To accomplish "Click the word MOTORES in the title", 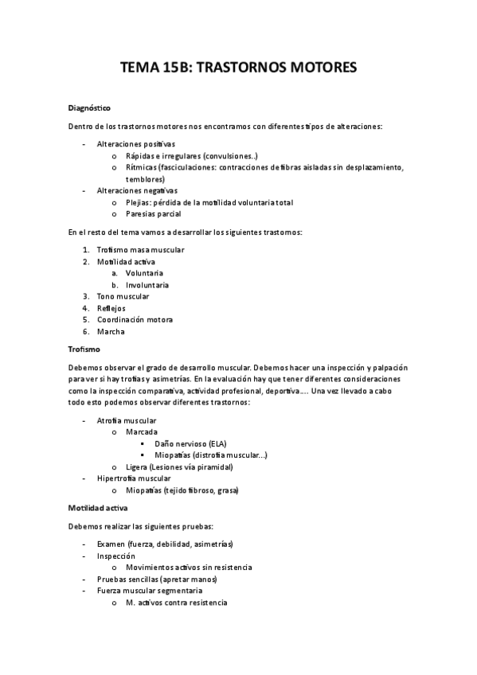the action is (318, 69).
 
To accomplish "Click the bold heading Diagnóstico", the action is (88, 107).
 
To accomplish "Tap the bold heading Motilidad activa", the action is (100, 506).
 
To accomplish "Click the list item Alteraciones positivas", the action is (135, 144).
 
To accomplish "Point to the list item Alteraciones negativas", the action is (137, 191).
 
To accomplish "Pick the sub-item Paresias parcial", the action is (153, 214).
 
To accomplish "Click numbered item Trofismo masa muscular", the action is (140, 249).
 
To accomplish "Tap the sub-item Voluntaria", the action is (144, 273).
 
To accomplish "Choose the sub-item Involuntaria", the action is (147, 285).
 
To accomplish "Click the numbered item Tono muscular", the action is (123, 296).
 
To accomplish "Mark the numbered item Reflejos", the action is (111, 308).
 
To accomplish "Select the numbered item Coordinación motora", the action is (135, 319).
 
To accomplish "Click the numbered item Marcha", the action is (111, 331).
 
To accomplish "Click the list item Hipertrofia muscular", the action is (133, 478).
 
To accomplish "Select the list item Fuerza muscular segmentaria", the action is (149, 591).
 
